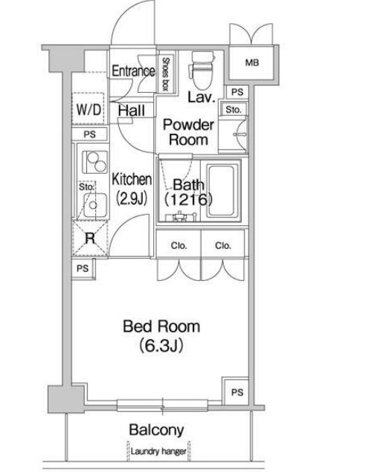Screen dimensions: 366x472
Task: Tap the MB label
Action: click(252, 62)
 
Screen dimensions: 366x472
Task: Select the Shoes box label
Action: click(166, 74)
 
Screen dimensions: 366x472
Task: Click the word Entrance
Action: click(133, 71)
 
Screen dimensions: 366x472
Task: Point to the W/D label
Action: click(89, 109)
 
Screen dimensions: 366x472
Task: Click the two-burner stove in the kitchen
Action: click(95, 162)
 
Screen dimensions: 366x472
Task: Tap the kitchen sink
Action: click(94, 205)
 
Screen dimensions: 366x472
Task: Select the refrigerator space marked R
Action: click(90, 239)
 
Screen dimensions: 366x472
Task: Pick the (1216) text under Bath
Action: click(188, 199)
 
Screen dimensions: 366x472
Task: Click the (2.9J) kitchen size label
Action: click(132, 198)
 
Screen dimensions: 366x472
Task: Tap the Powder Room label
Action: click(188, 132)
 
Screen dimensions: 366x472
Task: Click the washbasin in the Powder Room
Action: click(240, 135)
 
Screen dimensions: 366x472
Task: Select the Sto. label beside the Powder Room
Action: click(234, 109)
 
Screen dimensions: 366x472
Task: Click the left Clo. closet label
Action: click(179, 245)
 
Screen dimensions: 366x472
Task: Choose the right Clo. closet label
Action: click(223, 245)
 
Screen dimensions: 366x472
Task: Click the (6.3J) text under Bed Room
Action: click(161, 346)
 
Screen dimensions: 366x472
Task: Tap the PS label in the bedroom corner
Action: click(237, 392)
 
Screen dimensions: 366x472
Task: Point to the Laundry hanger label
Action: click(158, 451)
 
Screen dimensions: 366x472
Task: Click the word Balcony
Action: click(156, 430)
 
